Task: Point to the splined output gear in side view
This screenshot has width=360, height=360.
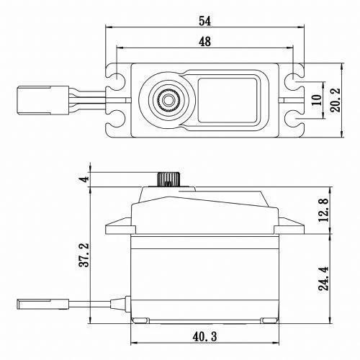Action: pyautogui.click(x=166, y=178)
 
